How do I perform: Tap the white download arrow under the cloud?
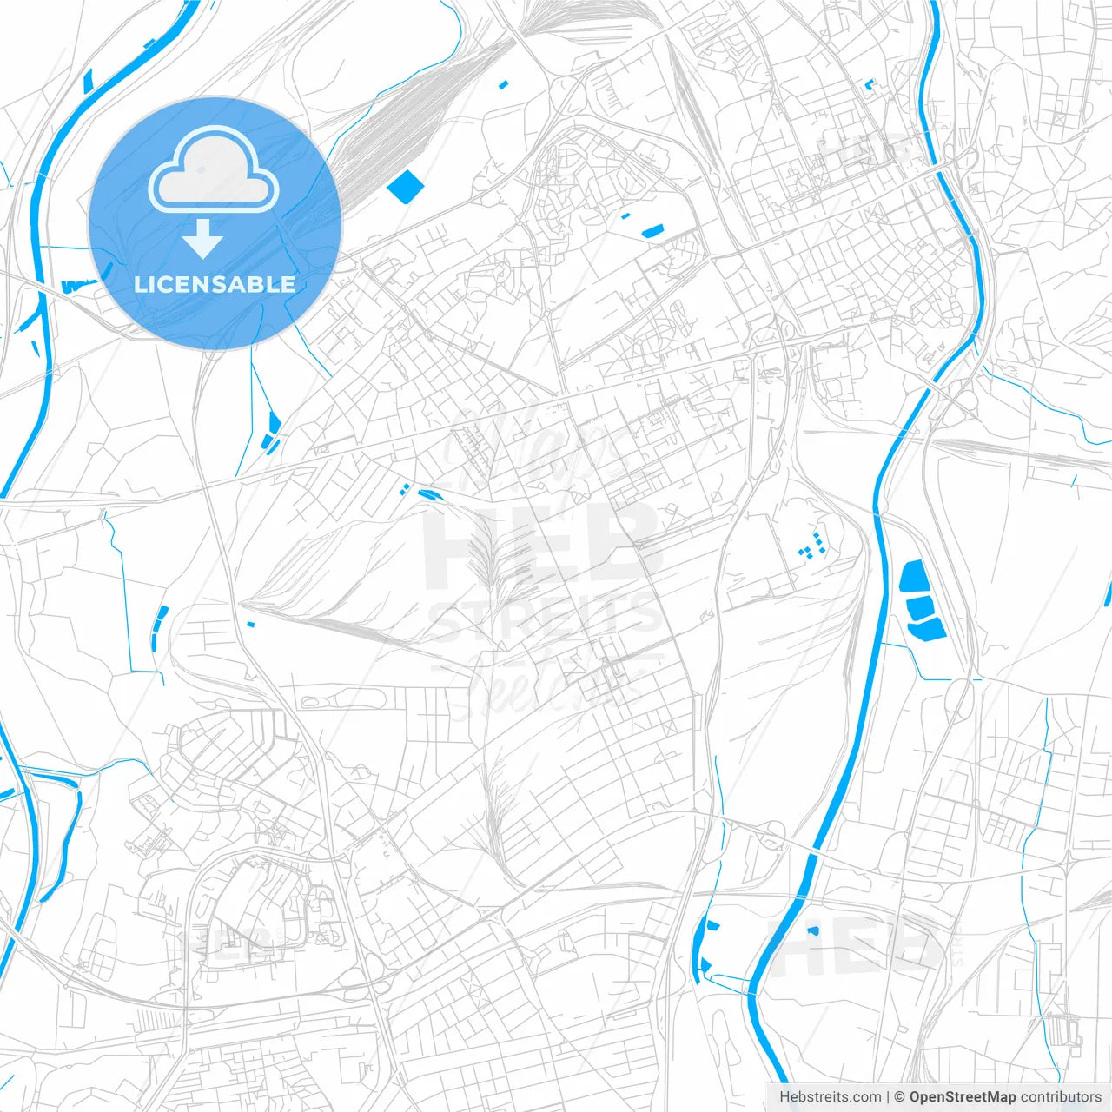tap(203, 239)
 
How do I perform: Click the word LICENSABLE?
tap(215, 284)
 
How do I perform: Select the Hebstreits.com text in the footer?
tap(830, 1097)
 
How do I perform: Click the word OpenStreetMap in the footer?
tap(962, 1097)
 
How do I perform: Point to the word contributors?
tap(1060, 1097)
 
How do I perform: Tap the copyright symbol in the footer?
tap(899, 1097)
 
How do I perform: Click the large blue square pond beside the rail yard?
tap(405, 186)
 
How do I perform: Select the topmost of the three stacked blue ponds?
tap(913, 578)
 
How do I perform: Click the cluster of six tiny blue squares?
tap(811, 546)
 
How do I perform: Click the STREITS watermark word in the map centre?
tap(544, 619)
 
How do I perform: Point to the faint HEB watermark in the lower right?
tap(856, 943)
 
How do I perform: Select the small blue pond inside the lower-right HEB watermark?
tap(813, 930)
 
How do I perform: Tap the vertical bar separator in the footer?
tap(888, 1097)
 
